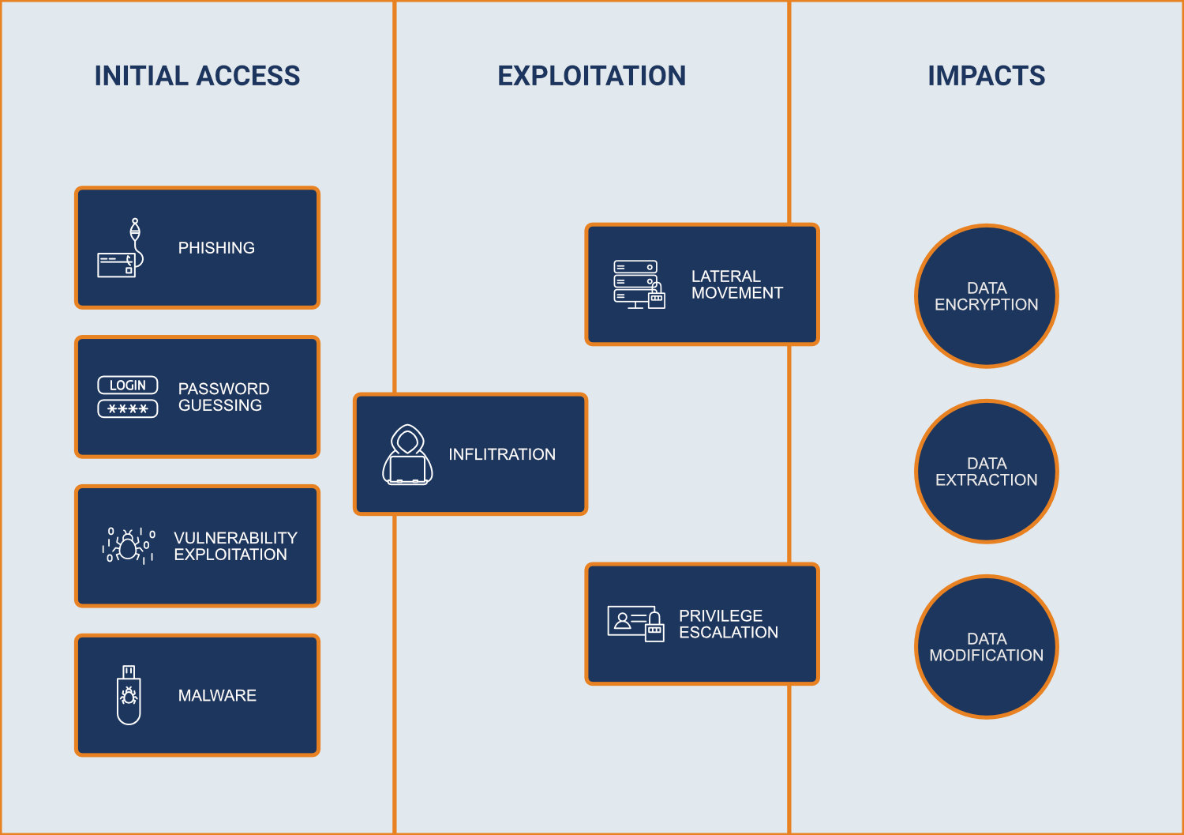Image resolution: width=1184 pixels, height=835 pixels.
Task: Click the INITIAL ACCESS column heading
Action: [197, 76]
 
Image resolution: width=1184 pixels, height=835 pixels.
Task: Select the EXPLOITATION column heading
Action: [591, 76]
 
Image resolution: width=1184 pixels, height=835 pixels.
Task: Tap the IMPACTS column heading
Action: [986, 76]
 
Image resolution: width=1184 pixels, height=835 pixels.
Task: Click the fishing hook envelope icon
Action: [122, 248]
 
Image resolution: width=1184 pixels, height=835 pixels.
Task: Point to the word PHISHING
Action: [216, 248]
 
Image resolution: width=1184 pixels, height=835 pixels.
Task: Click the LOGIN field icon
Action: [128, 397]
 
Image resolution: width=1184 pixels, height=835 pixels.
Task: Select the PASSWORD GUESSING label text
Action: [223, 397]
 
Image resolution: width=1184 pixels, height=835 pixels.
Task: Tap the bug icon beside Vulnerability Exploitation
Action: [129, 545]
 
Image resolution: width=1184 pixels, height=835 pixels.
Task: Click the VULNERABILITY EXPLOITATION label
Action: [235, 546]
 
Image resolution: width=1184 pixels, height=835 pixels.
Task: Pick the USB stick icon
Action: [129, 694]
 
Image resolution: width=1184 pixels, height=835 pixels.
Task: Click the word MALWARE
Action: [217, 695]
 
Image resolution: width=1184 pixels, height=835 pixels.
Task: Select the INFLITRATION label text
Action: [502, 454]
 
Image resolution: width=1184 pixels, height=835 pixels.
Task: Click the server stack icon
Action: [639, 284]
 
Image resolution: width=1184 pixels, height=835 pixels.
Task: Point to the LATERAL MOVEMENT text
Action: [736, 284]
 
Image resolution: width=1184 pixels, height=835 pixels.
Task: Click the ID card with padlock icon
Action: [635, 623]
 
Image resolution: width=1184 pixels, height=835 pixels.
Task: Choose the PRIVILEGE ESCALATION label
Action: [728, 624]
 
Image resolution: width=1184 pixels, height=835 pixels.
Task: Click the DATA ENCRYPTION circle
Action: [986, 296]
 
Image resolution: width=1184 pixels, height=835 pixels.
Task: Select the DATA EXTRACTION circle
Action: [986, 472]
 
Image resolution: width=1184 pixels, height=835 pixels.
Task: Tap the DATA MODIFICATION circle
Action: [986, 647]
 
